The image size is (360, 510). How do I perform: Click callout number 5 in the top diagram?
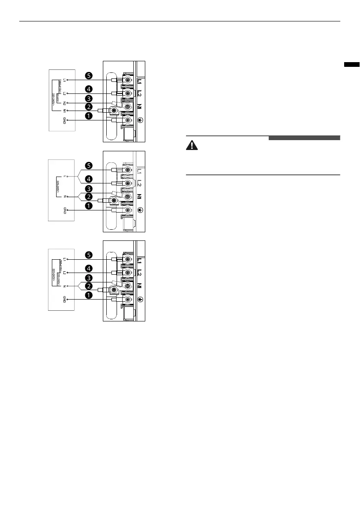tap(88, 76)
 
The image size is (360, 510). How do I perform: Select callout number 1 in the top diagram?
tap(88, 116)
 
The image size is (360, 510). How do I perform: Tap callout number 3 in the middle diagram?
tap(88, 189)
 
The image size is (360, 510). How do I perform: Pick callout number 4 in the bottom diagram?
tap(88, 269)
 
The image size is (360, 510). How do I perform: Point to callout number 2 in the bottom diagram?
tap(88, 285)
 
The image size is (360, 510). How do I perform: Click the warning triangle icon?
tap(192, 146)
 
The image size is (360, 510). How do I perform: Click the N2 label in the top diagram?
tap(64, 103)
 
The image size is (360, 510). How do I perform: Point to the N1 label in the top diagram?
tap(64, 111)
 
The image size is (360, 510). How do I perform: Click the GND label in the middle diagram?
tap(64, 210)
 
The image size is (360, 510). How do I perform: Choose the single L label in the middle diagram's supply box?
tap(64, 177)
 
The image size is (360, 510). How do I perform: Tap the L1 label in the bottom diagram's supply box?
tap(64, 260)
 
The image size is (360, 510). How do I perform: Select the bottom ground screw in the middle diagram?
tap(127, 210)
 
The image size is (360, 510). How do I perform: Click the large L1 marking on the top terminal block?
tap(140, 80)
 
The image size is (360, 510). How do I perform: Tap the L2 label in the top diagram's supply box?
tap(64, 93)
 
